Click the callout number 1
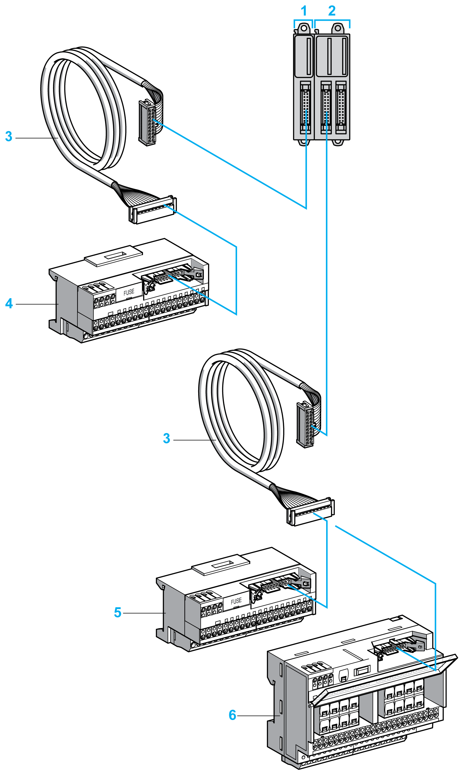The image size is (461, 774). pyautogui.click(x=304, y=11)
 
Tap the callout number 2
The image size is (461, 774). pyautogui.click(x=332, y=11)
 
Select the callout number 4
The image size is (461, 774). pyautogui.click(x=9, y=304)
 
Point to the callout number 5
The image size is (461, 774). pyautogui.click(x=118, y=612)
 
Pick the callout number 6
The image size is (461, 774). pyautogui.click(x=232, y=715)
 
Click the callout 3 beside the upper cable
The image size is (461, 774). pyautogui.click(x=9, y=137)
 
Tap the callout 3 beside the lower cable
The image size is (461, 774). pyautogui.click(x=167, y=438)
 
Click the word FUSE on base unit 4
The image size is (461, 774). pyautogui.click(x=129, y=293)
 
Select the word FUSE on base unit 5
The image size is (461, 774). pyautogui.click(x=236, y=601)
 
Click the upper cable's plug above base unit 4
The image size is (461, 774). pyautogui.click(x=153, y=210)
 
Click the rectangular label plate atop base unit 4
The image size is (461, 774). pyautogui.click(x=114, y=256)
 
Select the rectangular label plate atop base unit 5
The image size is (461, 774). pyautogui.click(x=221, y=565)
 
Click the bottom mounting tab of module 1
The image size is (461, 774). pyautogui.click(x=304, y=142)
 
